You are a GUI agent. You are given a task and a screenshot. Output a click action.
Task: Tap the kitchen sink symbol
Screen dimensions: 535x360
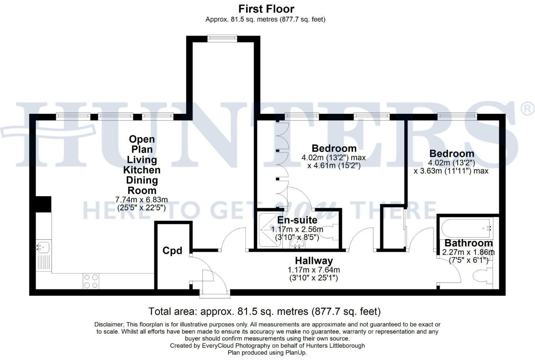click(x=43, y=247)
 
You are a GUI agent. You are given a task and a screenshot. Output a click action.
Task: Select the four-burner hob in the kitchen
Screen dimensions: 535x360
click(x=91, y=281)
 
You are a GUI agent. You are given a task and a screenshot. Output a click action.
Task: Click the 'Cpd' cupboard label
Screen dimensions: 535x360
click(x=172, y=251)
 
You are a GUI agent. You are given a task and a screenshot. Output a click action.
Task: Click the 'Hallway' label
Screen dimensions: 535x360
click(x=314, y=260)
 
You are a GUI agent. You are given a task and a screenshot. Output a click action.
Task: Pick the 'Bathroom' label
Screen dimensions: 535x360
click(x=468, y=243)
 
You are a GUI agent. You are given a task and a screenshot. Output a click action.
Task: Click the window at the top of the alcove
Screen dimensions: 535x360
click(x=222, y=39)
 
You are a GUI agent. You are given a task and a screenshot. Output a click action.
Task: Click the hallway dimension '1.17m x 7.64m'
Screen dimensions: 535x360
click(x=314, y=270)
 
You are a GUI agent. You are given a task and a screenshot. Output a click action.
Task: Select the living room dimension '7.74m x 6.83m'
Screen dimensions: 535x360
click(x=141, y=199)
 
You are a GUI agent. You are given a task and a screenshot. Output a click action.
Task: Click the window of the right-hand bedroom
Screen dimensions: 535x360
click(x=457, y=116)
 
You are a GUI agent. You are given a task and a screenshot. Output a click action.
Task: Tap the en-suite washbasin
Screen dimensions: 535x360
click(x=298, y=243)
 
